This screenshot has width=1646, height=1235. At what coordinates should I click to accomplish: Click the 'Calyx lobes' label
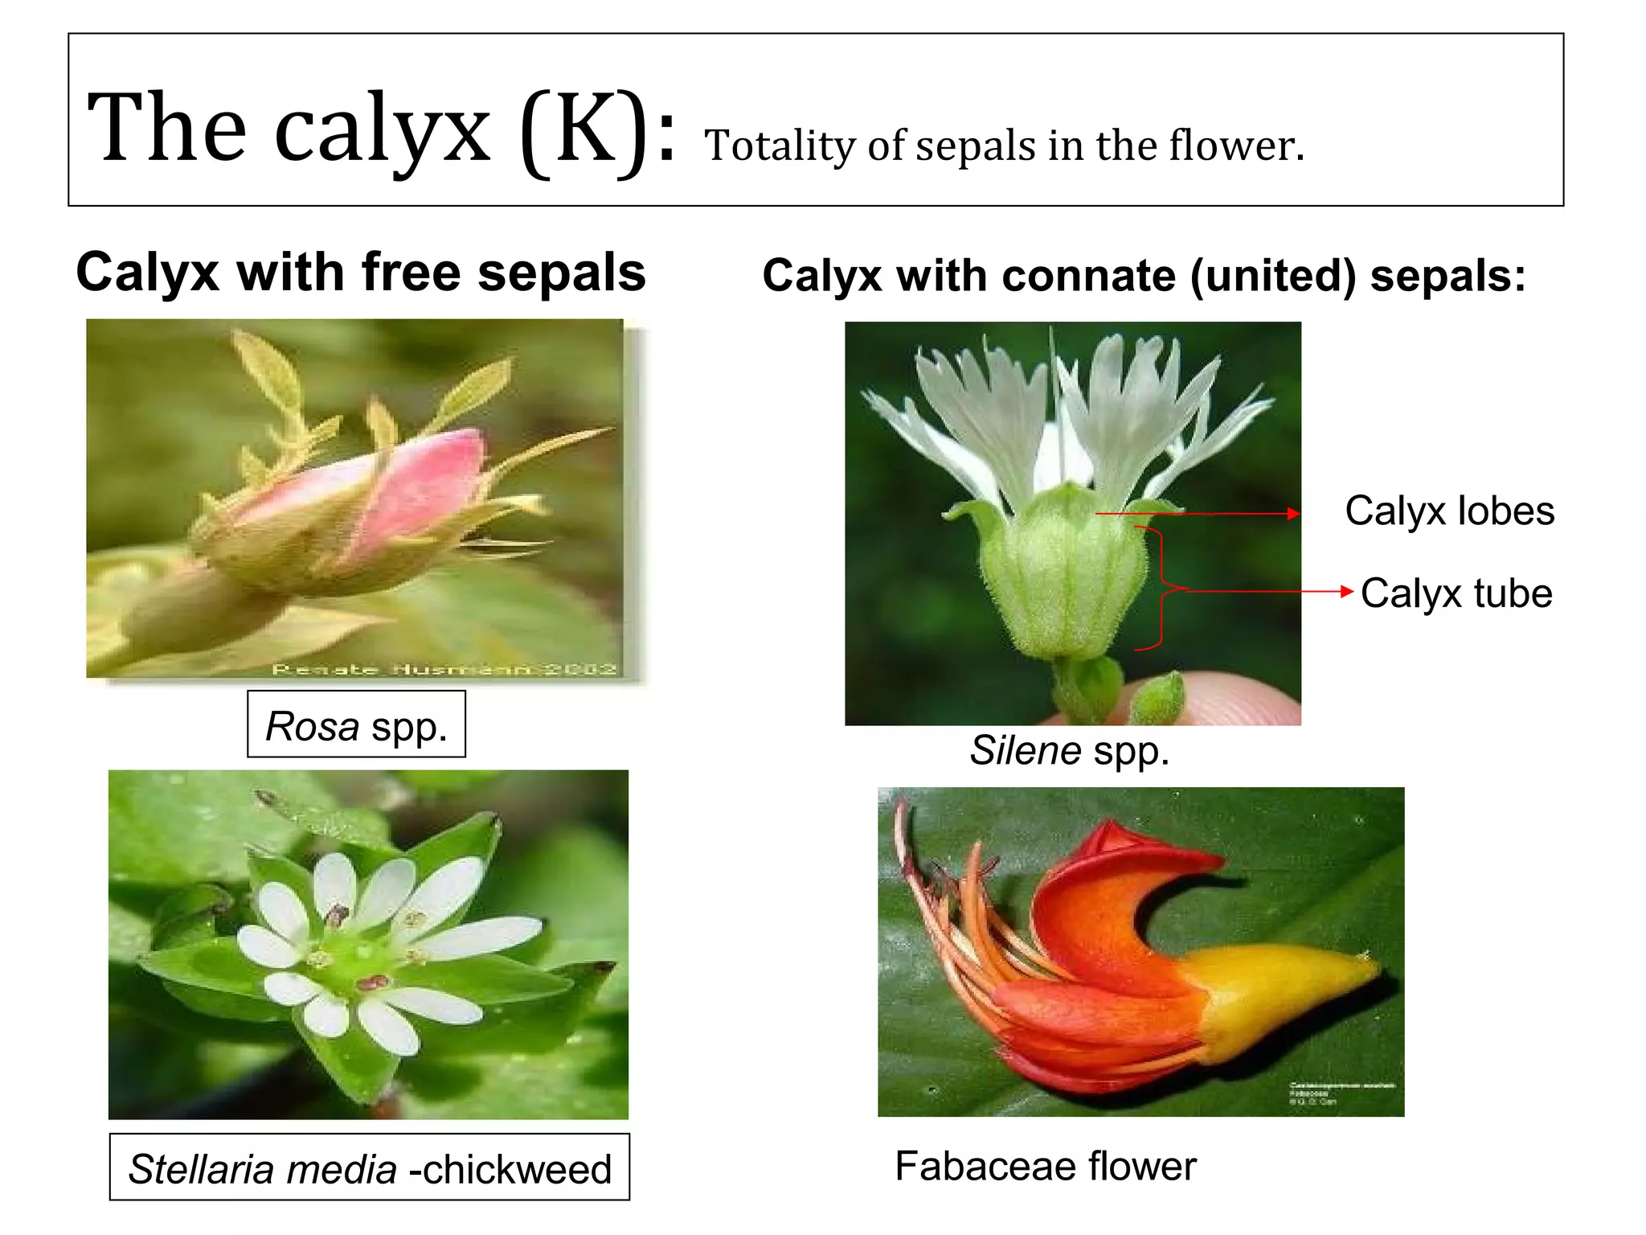1449,511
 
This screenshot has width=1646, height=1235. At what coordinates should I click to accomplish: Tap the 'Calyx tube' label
1456,593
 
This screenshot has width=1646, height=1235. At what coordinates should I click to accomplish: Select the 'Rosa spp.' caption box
356,725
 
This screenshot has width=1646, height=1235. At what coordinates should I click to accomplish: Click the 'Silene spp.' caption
1069,750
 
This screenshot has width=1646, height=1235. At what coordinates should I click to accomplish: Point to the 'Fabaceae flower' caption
1045,1166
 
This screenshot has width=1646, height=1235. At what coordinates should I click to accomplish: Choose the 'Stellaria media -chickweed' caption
370,1168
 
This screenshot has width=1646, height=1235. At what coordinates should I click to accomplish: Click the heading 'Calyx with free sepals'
360,272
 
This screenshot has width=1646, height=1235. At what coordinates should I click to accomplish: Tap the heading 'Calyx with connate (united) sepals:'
1143,276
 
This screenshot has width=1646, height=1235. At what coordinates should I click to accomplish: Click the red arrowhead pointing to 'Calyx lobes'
1293,514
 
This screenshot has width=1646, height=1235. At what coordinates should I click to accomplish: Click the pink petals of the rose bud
418,490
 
